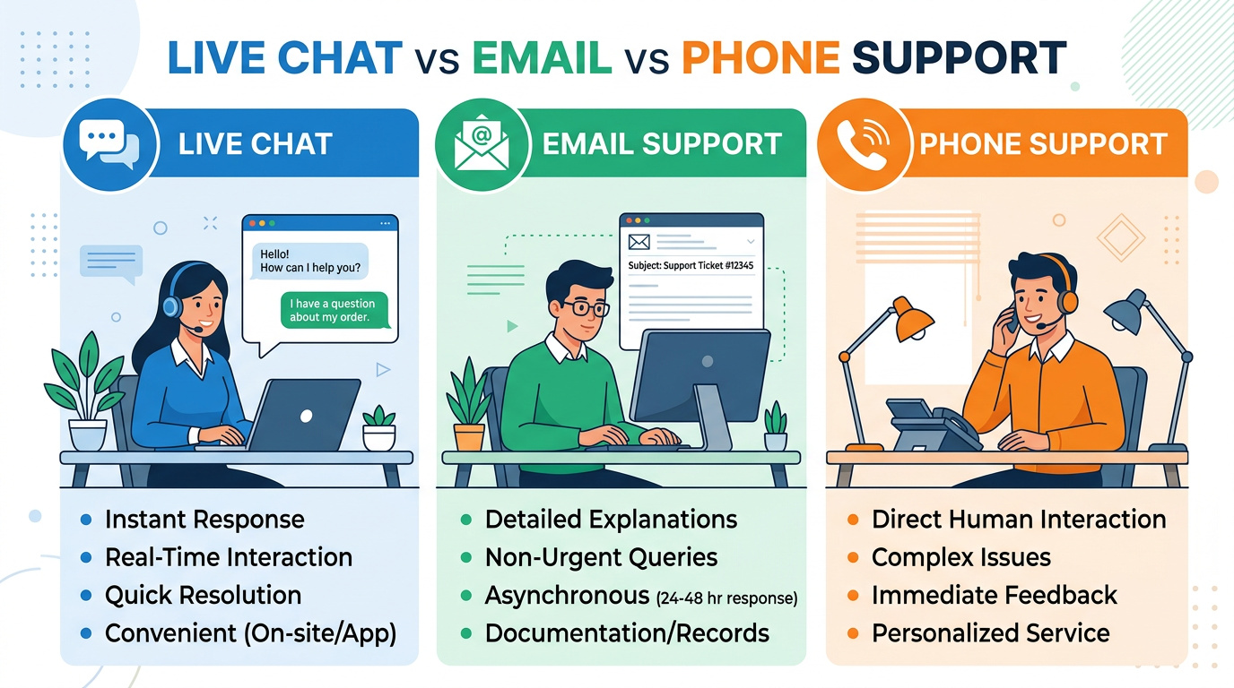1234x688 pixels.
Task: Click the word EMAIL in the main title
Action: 542,57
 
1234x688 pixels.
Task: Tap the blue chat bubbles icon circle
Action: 110,145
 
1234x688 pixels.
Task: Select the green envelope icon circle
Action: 482,145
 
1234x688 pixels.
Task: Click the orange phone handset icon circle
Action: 863,145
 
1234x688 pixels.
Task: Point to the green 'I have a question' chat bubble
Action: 334,310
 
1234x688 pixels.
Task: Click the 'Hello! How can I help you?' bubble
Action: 310,261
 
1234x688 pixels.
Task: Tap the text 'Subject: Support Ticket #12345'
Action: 691,265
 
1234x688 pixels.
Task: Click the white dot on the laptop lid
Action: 307,416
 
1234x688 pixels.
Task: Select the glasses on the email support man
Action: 584,307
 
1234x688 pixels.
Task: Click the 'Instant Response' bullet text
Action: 204,520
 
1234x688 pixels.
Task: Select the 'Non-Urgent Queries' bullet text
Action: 601,557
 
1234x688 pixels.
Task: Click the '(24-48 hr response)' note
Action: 726,598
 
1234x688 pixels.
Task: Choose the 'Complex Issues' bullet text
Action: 960,557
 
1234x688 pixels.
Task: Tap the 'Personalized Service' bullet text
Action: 990,633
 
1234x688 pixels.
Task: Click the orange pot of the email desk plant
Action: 469,437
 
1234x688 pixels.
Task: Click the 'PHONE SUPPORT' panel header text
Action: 1043,144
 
